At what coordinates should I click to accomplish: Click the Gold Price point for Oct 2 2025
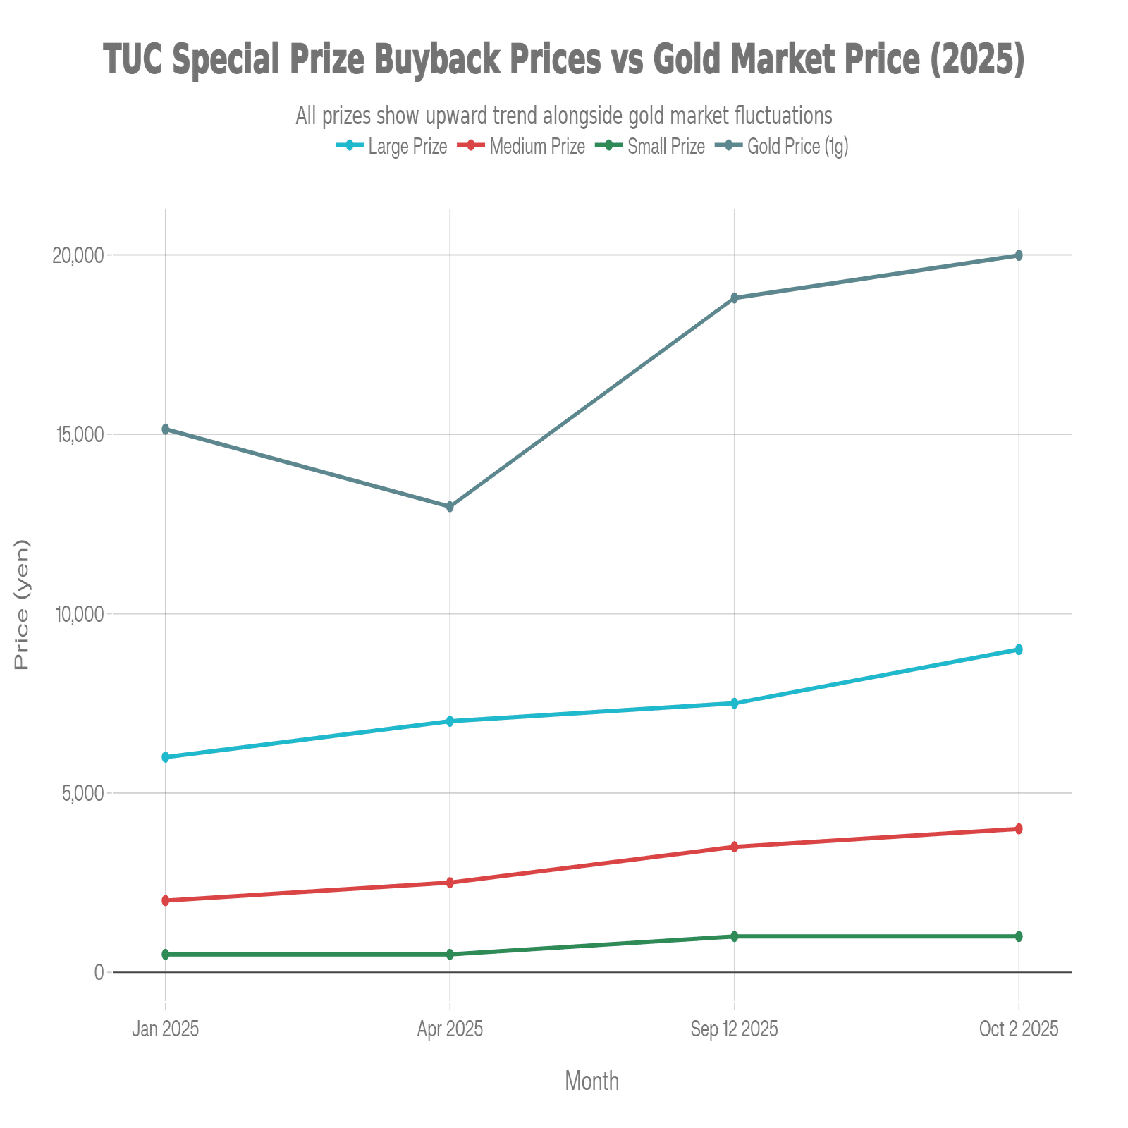point(1018,255)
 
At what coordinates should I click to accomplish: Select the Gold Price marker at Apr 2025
point(450,507)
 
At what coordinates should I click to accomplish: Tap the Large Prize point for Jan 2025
point(166,757)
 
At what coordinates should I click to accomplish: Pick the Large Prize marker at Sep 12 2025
point(734,704)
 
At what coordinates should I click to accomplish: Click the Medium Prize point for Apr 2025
point(450,883)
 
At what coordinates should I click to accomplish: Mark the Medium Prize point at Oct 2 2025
point(1018,829)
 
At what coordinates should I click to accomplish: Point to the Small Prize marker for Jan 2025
point(166,955)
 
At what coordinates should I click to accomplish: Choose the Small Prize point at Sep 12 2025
point(734,936)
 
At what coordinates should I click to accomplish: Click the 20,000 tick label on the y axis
point(78,255)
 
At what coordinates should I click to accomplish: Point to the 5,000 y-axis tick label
point(82,793)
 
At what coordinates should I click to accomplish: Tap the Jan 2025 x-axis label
point(166,1029)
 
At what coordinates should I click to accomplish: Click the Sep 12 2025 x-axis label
point(734,1029)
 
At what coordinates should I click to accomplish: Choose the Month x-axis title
point(592,1081)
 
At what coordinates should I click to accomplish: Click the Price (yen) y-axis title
point(23,605)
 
